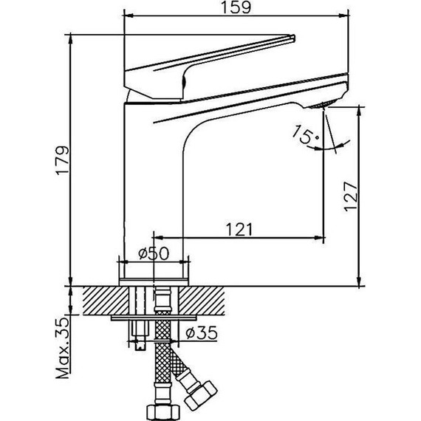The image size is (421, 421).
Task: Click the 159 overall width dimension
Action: coord(236,7)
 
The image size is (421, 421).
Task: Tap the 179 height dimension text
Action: coord(63,160)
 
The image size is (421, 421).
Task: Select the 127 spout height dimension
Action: coord(351,196)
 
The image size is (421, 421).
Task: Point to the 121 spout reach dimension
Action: coord(239,229)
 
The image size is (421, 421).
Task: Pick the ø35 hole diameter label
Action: coord(202,332)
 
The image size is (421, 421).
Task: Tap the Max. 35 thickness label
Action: coord(63,348)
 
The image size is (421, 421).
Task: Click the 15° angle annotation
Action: coord(305,134)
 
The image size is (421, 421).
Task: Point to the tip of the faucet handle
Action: coord(293,38)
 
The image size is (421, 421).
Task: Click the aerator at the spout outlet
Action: coord(323,104)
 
